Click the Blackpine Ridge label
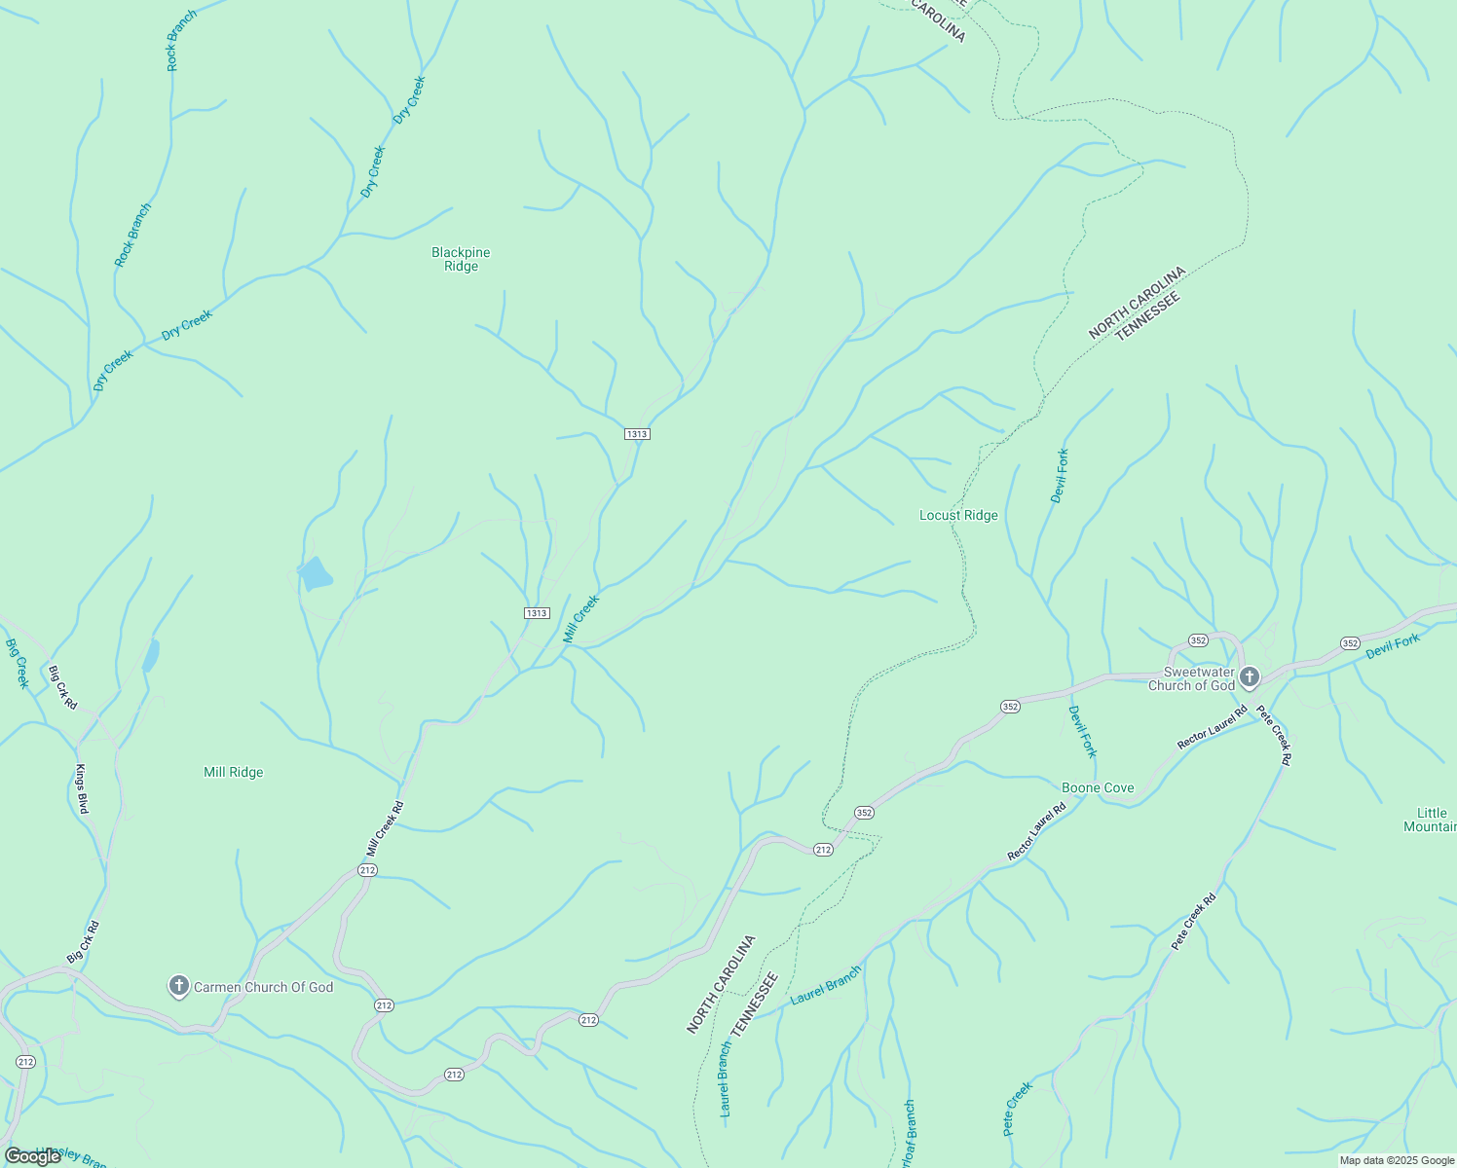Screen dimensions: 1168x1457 coord(461,259)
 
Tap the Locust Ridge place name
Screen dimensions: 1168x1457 coord(958,515)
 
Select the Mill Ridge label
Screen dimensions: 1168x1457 coord(233,772)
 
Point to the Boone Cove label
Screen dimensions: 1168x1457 coord(1098,787)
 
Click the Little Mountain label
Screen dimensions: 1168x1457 coord(1430,820)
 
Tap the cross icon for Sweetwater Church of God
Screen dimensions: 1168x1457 coord(1250,677)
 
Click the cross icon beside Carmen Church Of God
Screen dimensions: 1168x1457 coord(178,987)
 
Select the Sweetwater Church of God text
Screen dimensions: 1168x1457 coord(1191,678)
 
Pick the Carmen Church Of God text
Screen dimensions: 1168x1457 coord(263,987)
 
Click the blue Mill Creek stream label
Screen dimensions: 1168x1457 coord(580,620)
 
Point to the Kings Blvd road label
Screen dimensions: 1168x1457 coord(82,788)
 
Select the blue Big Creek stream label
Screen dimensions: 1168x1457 coord(18,664)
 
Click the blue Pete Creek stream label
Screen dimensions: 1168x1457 coord(1017,1109)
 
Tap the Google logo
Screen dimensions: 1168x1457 coord(32,1156)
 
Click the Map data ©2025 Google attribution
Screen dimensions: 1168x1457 coord(1396,1160)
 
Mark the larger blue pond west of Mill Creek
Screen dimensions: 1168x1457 coord(315,574)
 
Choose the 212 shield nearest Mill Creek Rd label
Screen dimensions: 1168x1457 coord(367,870)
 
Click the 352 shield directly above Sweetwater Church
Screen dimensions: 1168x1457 coord(1198,640)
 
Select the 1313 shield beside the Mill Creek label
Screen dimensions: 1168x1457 coord(537,613)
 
